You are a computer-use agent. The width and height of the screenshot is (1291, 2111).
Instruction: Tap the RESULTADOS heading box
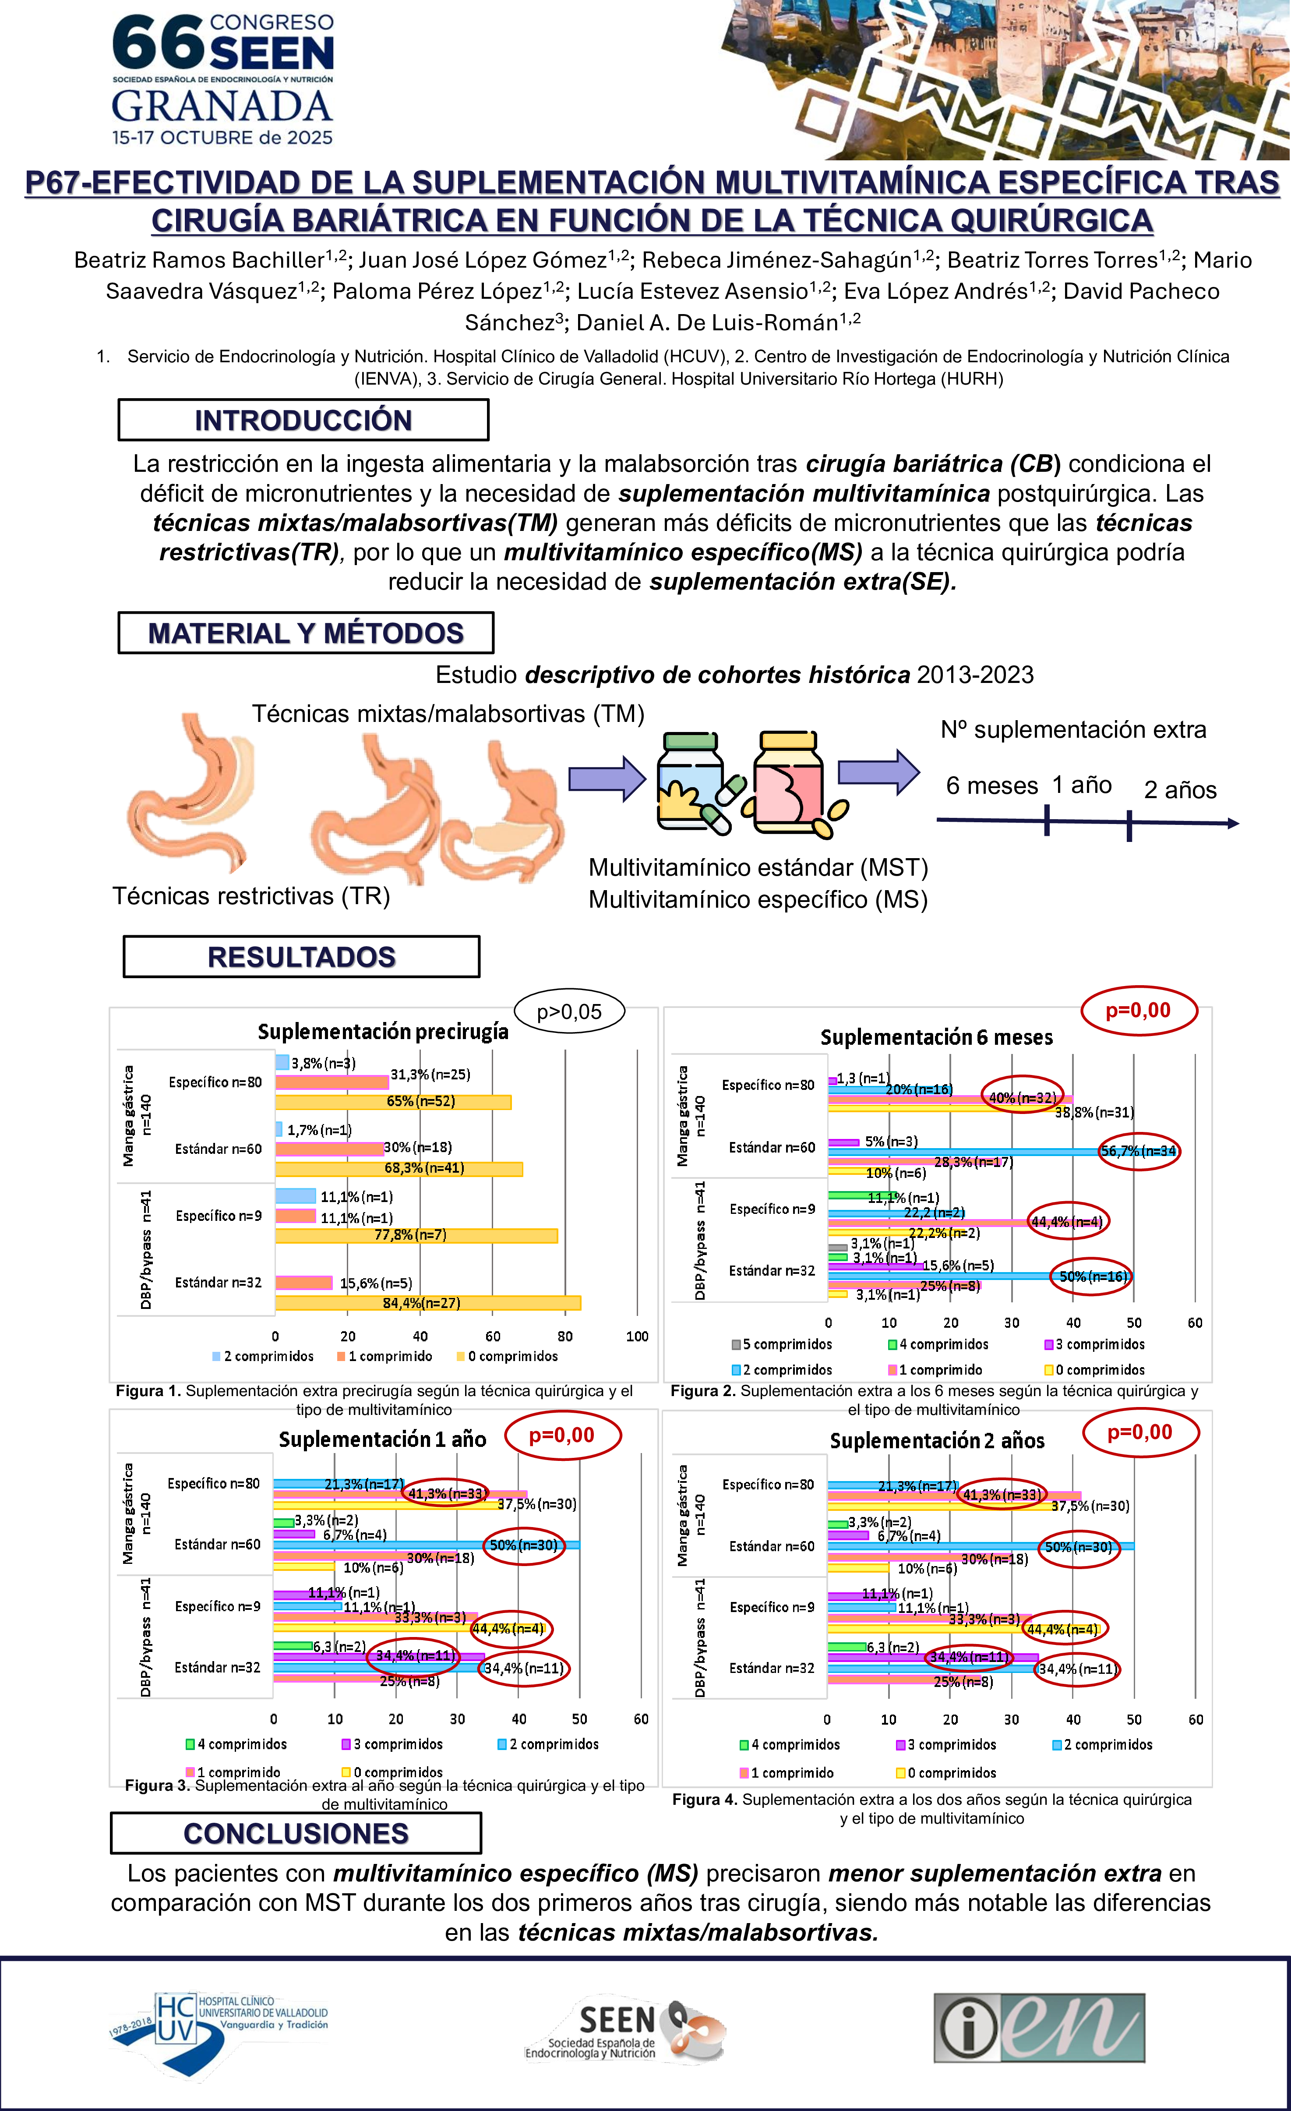pos(302,957)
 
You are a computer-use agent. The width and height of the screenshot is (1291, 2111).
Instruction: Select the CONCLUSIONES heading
pos(296,1833)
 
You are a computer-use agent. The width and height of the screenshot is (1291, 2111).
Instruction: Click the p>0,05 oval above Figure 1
pos(569,1012)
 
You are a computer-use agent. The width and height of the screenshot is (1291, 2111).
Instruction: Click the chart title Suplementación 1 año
pos(382,1439)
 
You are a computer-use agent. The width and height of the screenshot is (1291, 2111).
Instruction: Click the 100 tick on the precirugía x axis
pos(636,1337)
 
